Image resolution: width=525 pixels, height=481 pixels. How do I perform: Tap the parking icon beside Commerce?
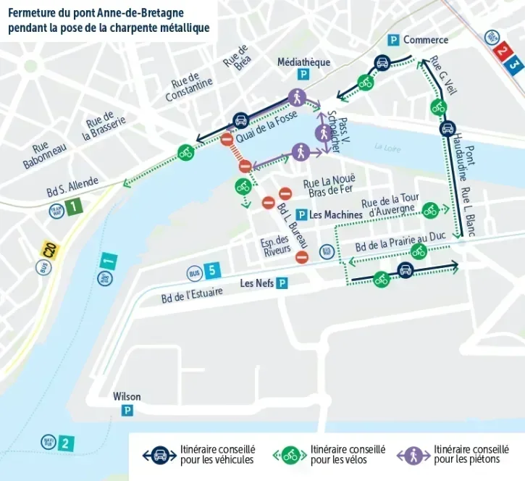point(394,40)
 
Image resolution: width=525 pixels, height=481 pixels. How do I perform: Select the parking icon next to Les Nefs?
point(282,283)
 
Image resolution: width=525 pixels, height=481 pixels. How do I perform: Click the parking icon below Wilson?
point(127,411)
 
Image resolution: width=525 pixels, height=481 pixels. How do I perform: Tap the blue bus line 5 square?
point(211,272)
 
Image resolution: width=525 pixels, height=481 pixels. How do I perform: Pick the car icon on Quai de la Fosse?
point(240,120)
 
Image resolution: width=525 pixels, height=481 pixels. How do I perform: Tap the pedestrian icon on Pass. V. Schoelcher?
point(323,133)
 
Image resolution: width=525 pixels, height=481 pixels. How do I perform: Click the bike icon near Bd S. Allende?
point(186,153)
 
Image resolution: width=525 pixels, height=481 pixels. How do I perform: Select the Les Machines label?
point(335,215)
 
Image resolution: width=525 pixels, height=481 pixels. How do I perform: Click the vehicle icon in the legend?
point(160,455)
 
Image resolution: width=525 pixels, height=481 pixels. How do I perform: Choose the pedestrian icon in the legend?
point(413,455)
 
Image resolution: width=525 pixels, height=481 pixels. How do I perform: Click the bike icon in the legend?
point(290,455)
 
